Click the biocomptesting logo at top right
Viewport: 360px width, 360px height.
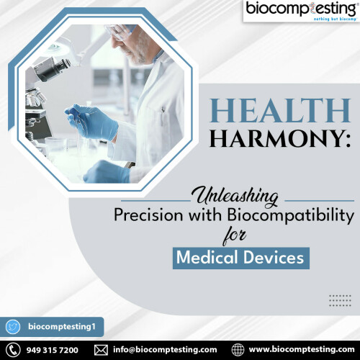point(301,12)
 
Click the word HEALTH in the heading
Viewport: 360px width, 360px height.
point(280,111)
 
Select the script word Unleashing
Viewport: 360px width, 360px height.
point(237,197)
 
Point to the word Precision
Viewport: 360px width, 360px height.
point(148,215)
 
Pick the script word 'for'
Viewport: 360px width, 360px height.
point(234,237)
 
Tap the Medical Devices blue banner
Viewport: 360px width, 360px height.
point(241,258)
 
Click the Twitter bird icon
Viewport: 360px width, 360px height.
point(13,327)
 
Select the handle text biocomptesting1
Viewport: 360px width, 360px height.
point(62,327)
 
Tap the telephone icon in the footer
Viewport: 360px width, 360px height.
point(13,350)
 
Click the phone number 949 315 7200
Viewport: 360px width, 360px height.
point(52,350)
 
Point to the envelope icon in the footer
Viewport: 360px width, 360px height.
point(101,350)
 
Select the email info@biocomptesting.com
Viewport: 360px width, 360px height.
point(165,350)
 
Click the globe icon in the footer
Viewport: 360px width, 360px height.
point(238,350)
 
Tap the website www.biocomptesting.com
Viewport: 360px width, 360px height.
point(302,350)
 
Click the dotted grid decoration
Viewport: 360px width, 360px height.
point(340,300)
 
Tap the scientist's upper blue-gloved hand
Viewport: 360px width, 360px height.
point(92,122)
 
